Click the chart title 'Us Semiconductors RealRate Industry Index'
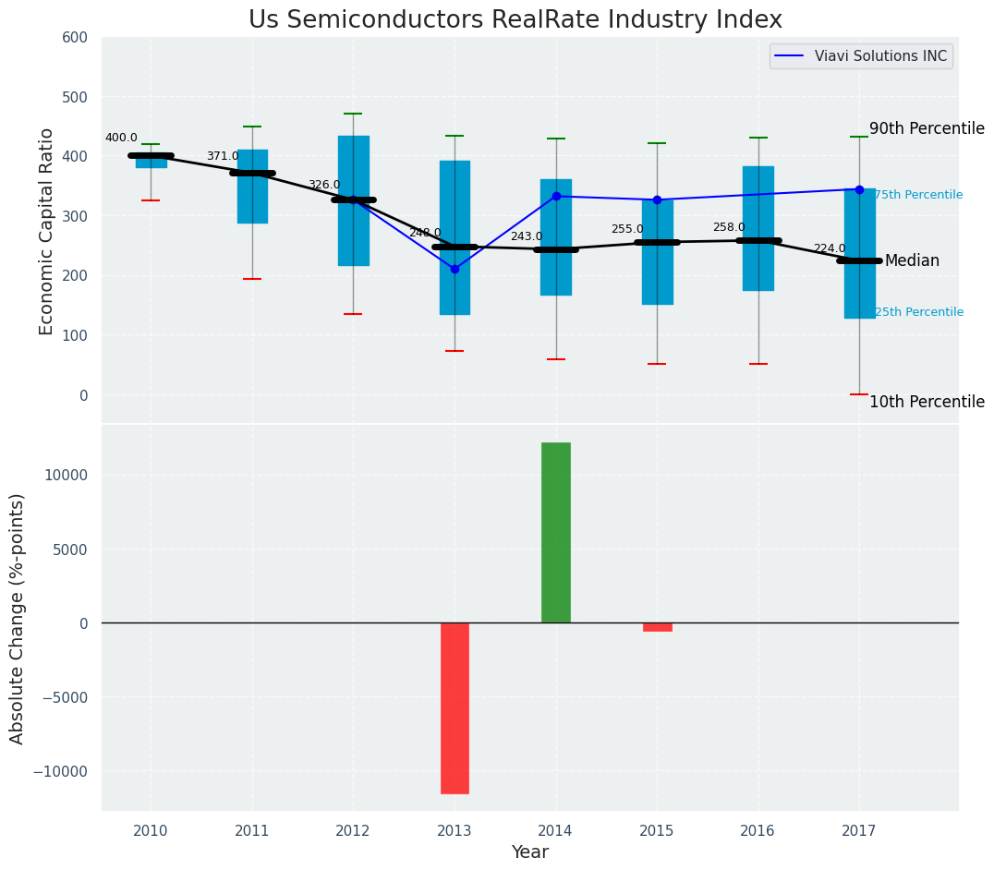click(x=515, y=20)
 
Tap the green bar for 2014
click(x=556, y=532)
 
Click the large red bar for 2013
click(x=455, y=707)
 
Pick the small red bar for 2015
click(x=658, y=627)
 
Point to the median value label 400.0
click(x=121, y=138)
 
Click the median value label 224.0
click(x=830, y=248)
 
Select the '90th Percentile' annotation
click(x=927, y=129)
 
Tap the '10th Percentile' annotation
click(x=927, y=402)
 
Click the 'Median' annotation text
click(x=912, y=261)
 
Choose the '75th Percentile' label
click(x=918, y=195)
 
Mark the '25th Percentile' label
click(x=918, y=312)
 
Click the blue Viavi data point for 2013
click(x=455, y=269)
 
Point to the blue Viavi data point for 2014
click(x=556, y=196)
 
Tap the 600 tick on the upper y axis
click(x=74, y=37)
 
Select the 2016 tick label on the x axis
click(x=758, y=831)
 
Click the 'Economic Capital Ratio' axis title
click(x=46, y=231)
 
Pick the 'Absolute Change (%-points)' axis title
click(x=18, y=618)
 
